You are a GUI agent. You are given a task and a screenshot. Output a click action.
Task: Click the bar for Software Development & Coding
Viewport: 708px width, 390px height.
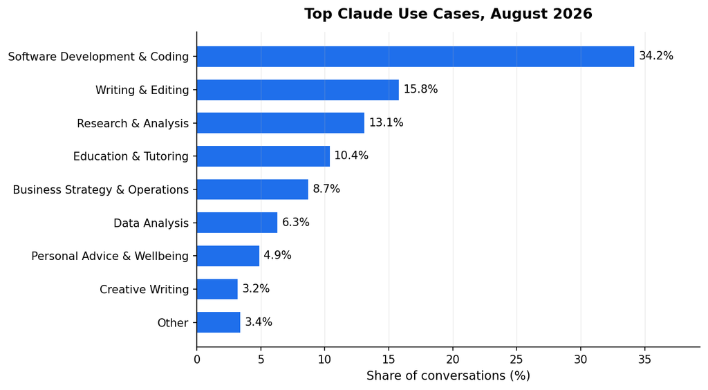(x=416, y=57)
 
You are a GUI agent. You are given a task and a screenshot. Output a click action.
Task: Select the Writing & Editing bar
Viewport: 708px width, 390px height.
(x=298, y=90)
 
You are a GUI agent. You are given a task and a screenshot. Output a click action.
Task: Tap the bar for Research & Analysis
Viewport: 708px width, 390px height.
(x=281, y=123)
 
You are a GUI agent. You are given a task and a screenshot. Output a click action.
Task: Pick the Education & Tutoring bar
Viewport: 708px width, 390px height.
(x=263, y=156)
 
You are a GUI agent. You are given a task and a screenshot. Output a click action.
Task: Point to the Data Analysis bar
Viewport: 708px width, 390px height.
(x=237, y=223)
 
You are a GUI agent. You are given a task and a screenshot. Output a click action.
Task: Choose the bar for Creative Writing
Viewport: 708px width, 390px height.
(x=217, y=289)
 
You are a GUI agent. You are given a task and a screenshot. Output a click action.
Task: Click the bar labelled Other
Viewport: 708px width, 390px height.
(x=218, y=322)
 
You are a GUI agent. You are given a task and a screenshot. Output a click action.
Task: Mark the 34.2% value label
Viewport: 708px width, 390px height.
(x=656, y=56)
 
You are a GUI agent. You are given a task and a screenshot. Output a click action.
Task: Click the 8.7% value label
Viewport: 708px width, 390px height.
(x=326, y=189)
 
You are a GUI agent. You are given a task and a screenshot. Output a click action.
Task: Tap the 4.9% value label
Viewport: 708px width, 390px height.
(x=278, y=255)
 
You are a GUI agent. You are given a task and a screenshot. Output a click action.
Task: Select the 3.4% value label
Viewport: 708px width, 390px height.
(x=259, y=322)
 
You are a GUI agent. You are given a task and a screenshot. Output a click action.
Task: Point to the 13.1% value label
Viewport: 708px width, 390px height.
(x=386, y=122)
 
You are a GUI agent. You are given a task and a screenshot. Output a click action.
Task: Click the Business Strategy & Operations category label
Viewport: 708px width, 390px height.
(x=101, y=189)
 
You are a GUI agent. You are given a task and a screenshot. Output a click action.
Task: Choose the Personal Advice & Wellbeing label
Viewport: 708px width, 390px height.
(x=110, y=256)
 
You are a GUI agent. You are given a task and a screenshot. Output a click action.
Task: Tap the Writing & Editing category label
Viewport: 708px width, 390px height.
(x=142, y=91)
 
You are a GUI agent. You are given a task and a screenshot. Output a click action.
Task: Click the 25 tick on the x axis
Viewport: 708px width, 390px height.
(x=516, y=360)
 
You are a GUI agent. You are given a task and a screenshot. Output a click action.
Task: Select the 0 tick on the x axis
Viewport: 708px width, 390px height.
(x=197, y=360)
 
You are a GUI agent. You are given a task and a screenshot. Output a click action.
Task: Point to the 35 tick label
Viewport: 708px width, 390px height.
(x=645, y=360)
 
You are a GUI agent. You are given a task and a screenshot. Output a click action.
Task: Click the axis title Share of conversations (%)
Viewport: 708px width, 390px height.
(x=448, y=375)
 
